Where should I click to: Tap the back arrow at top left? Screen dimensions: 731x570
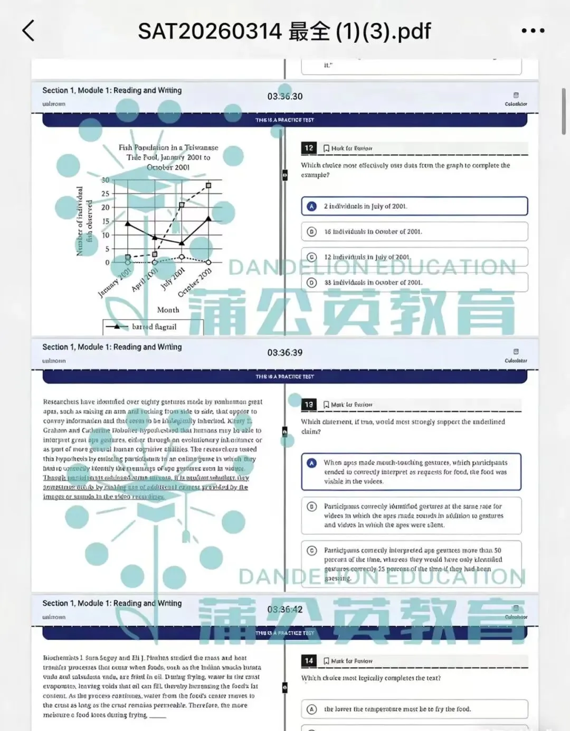tap(29, 31)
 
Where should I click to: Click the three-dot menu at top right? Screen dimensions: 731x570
tap(533, 31)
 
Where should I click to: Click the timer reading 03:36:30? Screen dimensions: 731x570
tap(285, 96)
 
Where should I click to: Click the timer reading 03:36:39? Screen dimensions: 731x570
tap(285, 352)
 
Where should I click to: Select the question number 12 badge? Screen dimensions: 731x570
tap(309, 148)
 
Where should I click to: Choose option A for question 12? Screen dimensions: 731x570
tap(312, 207)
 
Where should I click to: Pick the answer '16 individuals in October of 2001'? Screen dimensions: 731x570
tap(373, 231)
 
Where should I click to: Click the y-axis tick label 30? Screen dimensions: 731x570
tap(106, 180)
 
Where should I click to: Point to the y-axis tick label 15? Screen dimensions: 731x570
tap(106, 221)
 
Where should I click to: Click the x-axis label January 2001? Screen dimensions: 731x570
tap(115, 283)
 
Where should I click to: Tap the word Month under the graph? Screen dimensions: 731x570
tap(168, 310)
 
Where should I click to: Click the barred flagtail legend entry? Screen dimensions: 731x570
tap(154, 327)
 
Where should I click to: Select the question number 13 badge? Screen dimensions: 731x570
tap(309, 405)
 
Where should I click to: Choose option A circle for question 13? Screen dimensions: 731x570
tap(312, 463)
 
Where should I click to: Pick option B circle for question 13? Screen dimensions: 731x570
tap(312, 507)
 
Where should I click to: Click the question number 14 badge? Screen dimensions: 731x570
tap(309, 661)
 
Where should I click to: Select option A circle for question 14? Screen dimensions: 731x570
tap(312, 709)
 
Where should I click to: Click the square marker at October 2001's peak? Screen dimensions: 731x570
tap(208, 185)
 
